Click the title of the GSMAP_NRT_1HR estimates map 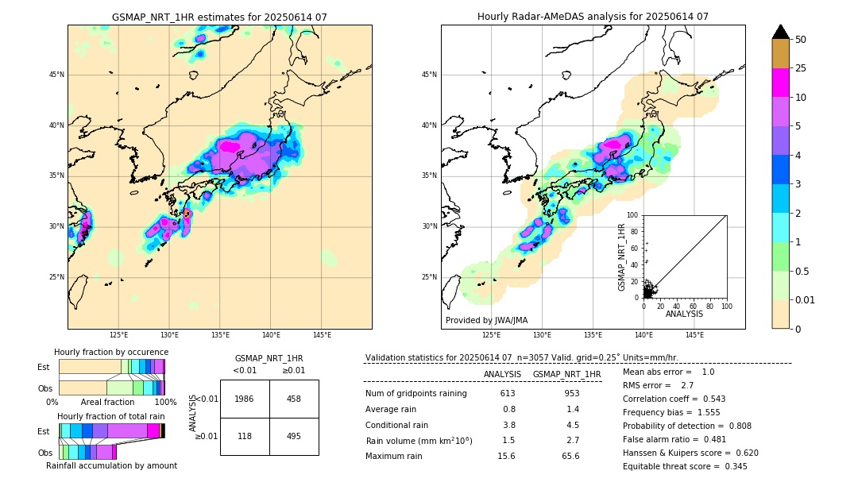(x=219, y=17)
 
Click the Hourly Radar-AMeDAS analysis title (x=593, y=17)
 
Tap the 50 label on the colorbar (x=801, y=40)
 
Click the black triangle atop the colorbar (x=780, y=32)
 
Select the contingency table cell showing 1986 (x=245, y=399)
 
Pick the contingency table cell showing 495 (x=294, y=436)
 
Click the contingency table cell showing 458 (x=294, y=399)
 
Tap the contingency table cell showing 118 (x=245, y=436)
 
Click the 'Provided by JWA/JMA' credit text (x=486, y=321)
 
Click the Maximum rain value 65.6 (x=570, y=456)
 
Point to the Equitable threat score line (x=685, y=466)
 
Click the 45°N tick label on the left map (x=56, y=75)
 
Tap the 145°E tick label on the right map (x=694, y=335)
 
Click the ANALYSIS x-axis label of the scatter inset (x=684, y=314)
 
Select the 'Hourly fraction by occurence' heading (x=111, y=352)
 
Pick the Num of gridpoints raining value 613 (x=508, y=394)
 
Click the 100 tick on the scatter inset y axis (x=633, y=215)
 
